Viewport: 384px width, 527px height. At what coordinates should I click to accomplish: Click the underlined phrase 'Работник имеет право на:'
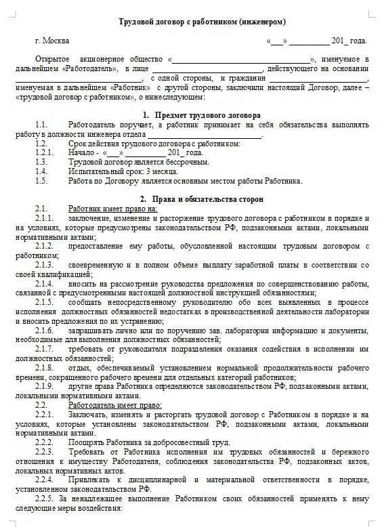pos(112,209)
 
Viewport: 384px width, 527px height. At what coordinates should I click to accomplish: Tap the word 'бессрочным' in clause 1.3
pos(186,163)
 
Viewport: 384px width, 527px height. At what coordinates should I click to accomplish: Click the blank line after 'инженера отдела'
pos(204,134)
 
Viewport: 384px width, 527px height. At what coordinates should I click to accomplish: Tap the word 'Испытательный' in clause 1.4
pos(91,172)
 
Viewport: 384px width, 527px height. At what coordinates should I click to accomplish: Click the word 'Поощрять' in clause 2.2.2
pos(85,441)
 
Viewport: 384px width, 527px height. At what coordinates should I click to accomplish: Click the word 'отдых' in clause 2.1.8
pos(78,366)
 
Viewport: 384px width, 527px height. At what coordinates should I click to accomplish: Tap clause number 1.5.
pos(42,181)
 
